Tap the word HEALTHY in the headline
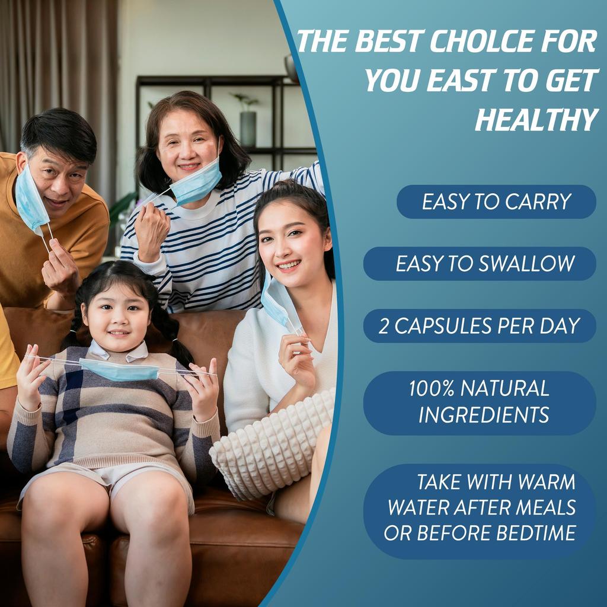[537, 120]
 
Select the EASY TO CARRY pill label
[496, 202]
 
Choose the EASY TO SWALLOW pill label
[480, 264]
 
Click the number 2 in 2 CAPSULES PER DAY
[384, 327]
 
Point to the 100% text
[432, 388]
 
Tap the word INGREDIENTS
[484, 414]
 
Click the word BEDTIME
[536, 533]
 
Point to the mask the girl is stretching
[119, 370]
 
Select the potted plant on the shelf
[247, 119]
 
